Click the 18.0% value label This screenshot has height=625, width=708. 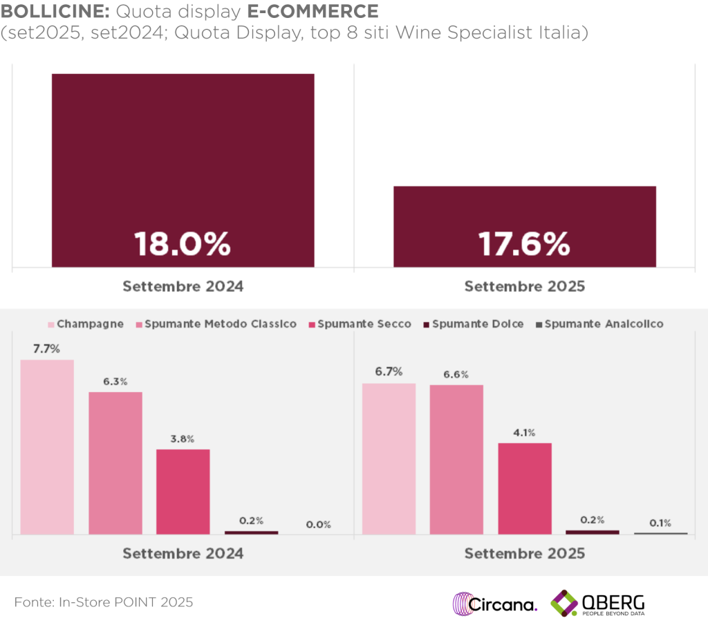[182, 244]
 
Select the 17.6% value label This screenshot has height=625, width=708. [524, 244]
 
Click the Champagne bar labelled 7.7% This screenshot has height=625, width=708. [47, 447]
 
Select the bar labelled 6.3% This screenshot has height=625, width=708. [115, 463]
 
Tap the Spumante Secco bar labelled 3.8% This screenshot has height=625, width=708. [183, 492]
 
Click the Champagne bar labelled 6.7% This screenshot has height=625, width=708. [389, 458]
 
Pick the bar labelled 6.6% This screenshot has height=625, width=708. [456, 459]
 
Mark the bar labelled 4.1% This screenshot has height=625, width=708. [525, 488]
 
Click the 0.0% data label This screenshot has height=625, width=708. [318, 525]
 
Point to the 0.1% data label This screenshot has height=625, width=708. [660, 523]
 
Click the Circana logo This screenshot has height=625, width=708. [494, 604]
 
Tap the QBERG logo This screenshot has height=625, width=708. [598, 604]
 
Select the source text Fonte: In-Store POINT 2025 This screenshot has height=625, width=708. [104, 602]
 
